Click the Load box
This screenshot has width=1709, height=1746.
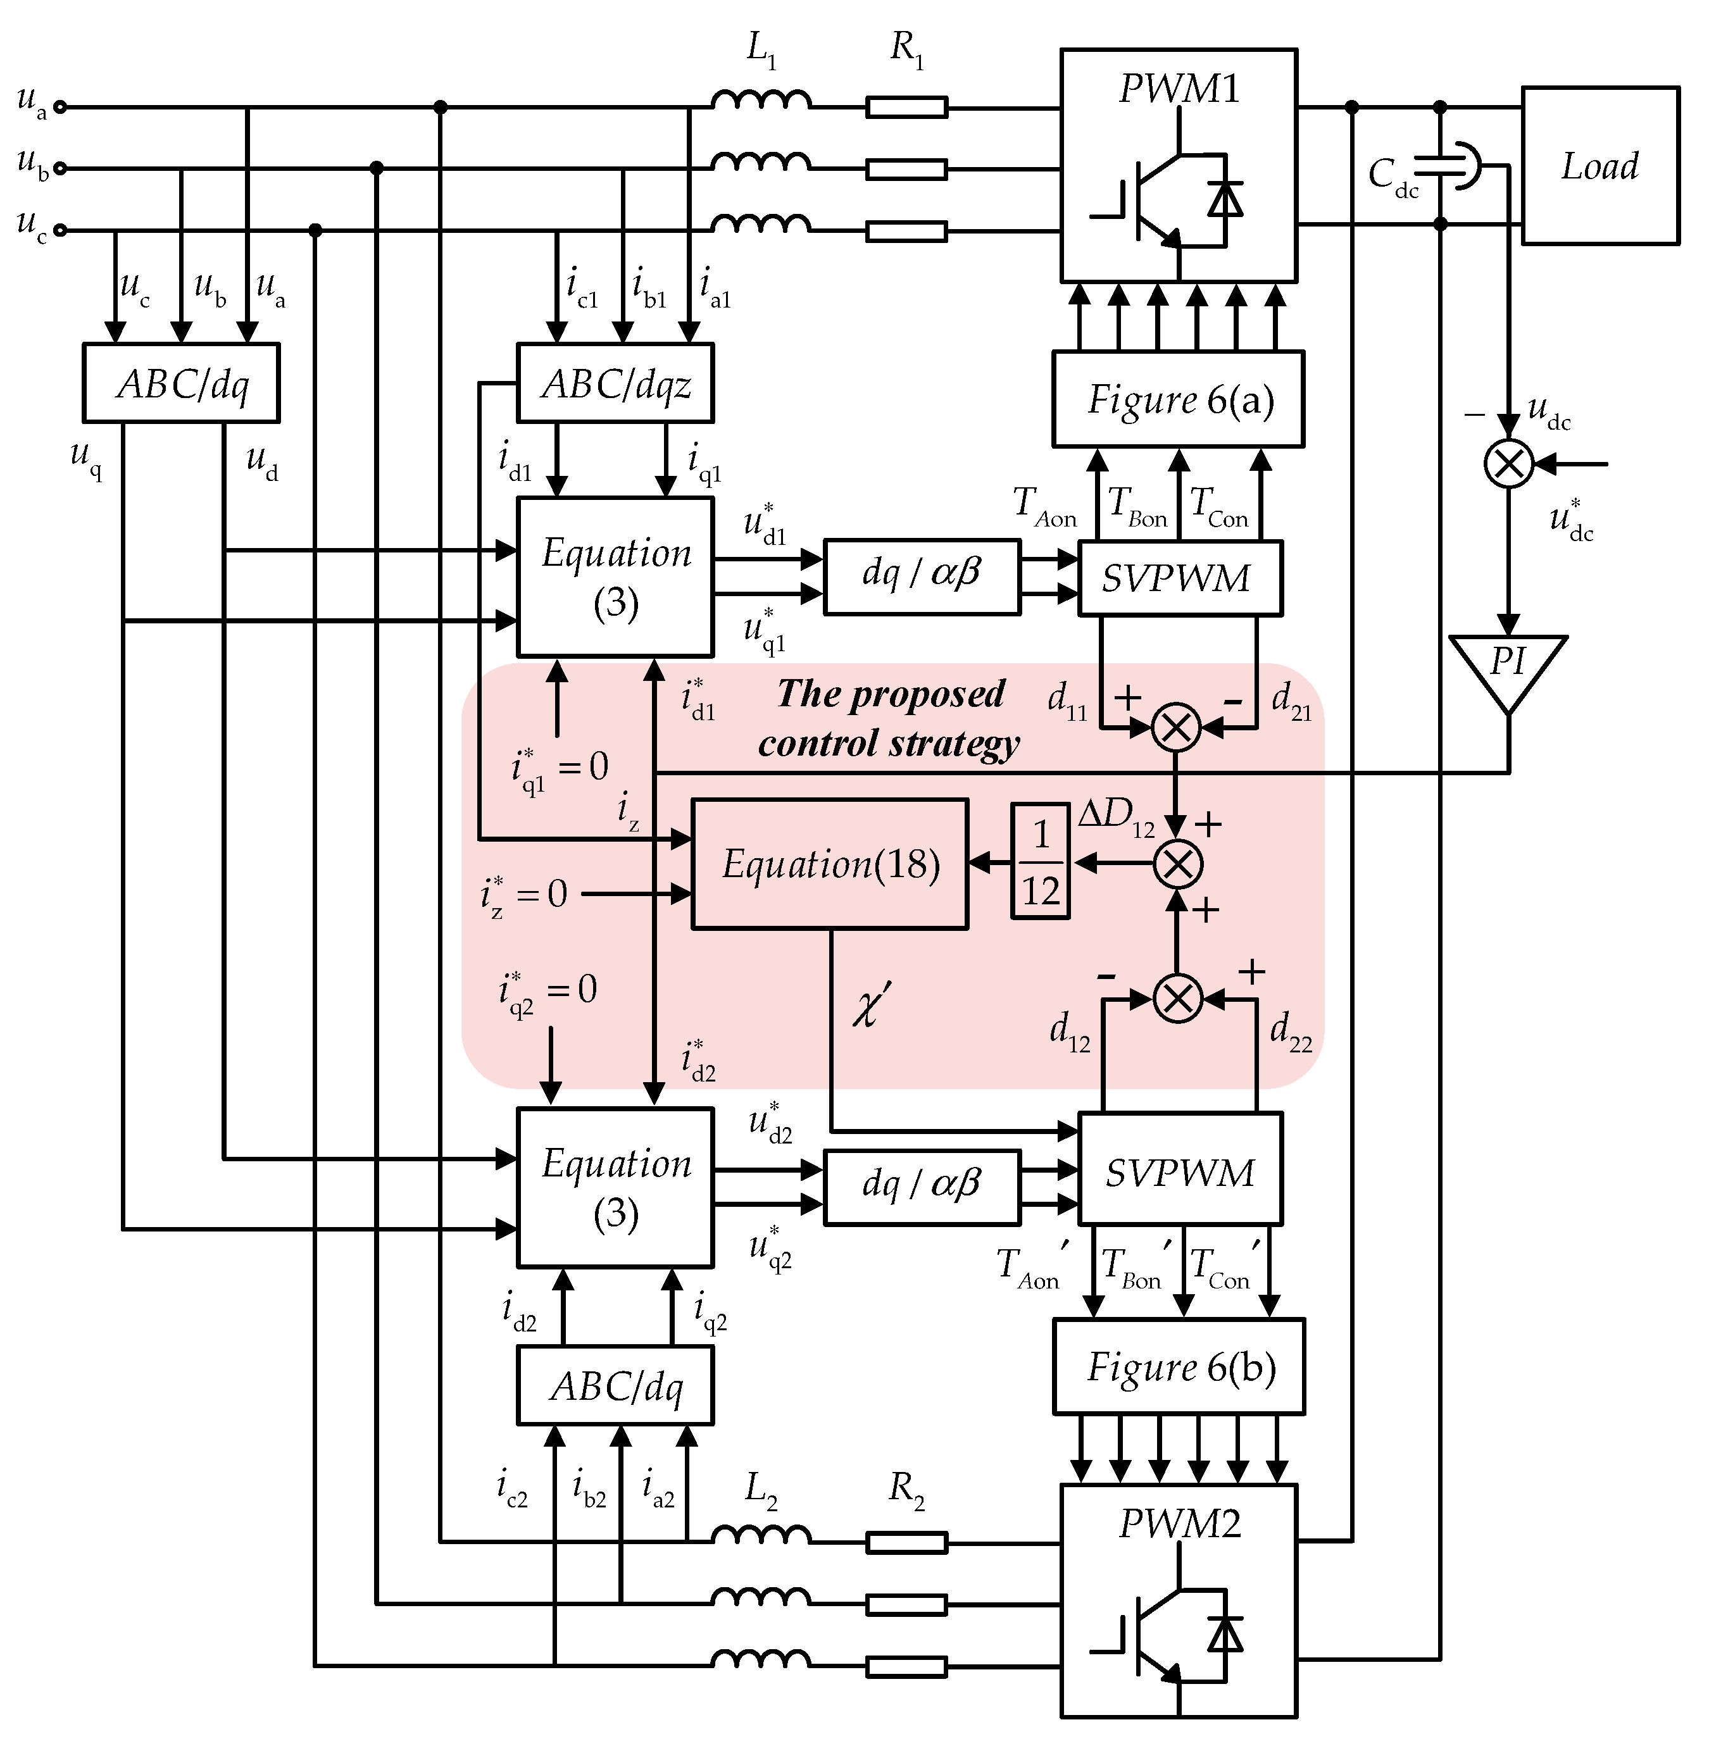pos(1599,166)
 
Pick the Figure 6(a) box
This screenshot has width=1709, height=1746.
pos(1178,399)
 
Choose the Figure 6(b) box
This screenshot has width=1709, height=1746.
pos(1178,1366)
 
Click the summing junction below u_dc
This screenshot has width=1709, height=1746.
pos(1509,464)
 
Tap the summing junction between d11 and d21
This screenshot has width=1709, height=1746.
pos(1176,728)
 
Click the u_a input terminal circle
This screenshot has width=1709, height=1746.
pos(60,108)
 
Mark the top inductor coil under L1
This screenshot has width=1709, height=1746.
pos(761,101)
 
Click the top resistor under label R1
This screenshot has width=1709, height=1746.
pos(906,108)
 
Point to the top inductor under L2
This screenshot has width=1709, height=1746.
pos(761,1536)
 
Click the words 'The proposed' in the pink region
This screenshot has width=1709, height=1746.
pos(891,694)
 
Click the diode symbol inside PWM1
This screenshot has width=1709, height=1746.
pos(1225,199)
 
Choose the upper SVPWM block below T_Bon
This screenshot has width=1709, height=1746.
pos(1179,578)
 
